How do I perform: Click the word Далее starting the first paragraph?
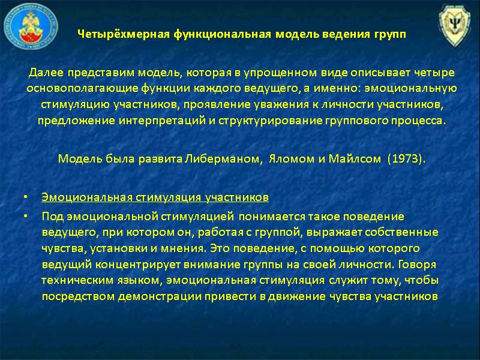coord(44,73)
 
